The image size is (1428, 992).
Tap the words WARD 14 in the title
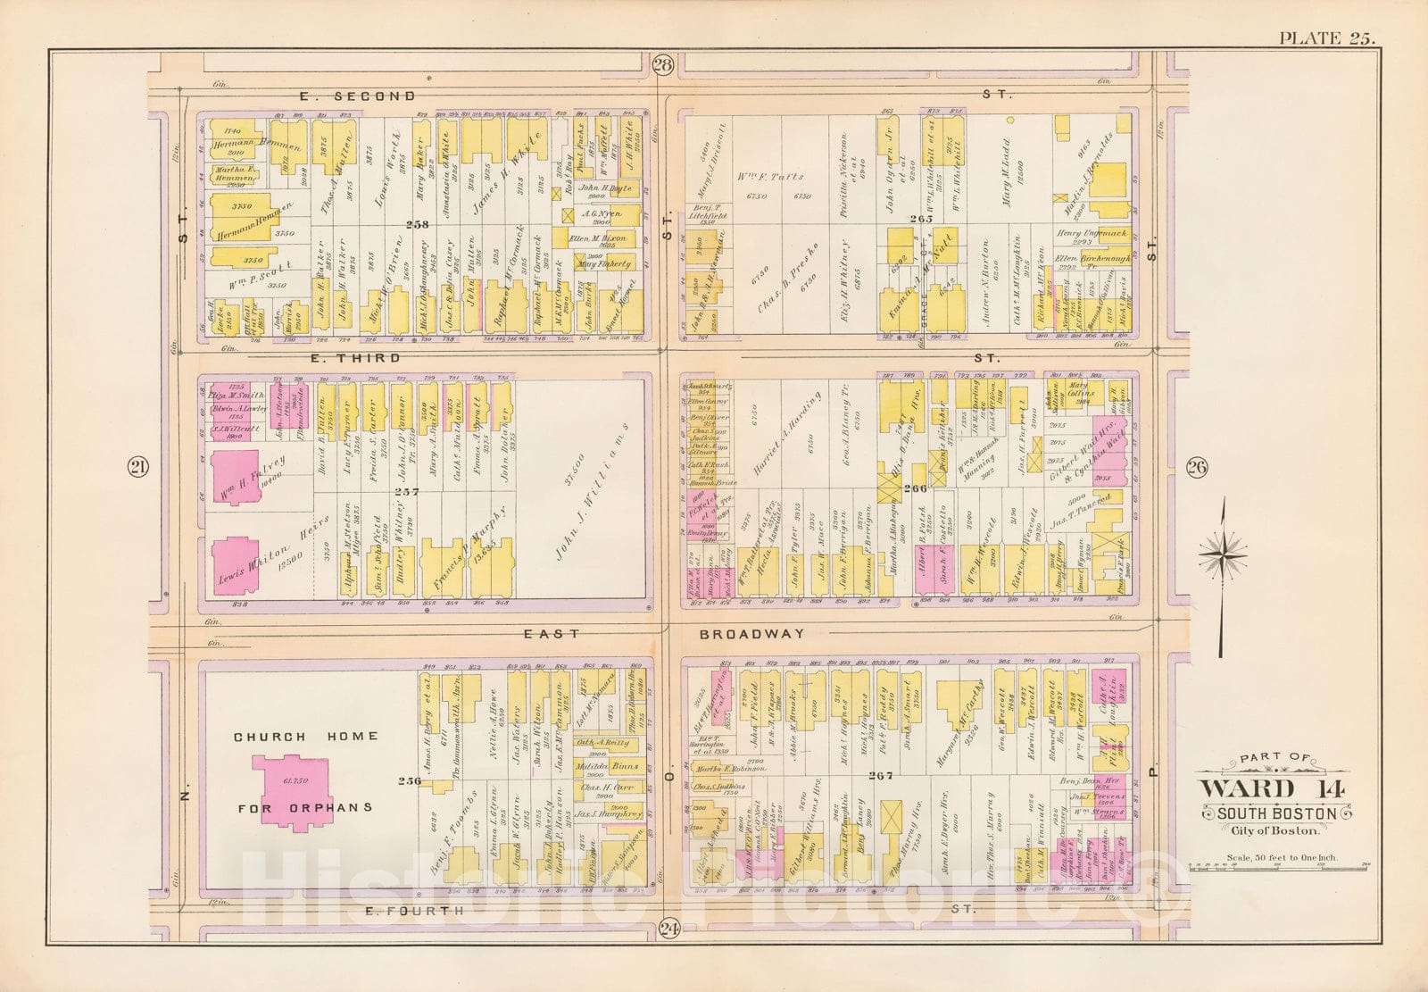[x=1260, y=790]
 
